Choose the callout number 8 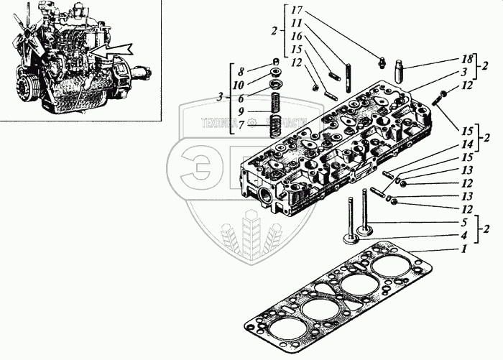point(241,72)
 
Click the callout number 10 point(241,85)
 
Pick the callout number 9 point(241,111)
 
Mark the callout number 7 point(241,125)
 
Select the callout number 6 point(241,98)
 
